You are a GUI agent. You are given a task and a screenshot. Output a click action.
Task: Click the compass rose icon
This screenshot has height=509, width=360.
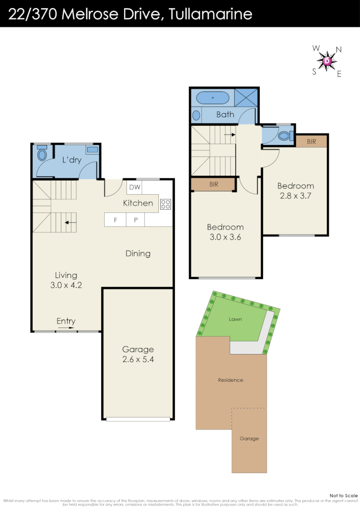pyautogui.click(x=327, y=61)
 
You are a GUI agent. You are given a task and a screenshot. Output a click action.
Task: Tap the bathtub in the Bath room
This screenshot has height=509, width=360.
pyautogui.click(x=213, y=98)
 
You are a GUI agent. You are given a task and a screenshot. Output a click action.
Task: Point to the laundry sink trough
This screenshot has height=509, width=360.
pyautogui.click(x=92, y=149)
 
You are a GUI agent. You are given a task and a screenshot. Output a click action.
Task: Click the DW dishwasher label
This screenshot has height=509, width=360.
pyautogui.click(x=134, y=187)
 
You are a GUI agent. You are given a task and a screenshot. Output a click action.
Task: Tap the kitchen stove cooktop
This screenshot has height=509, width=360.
pyautogui.click(x=165, y=204)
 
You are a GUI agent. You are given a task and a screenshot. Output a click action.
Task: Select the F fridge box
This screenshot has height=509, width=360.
pyautogui.click(x=115, y=220)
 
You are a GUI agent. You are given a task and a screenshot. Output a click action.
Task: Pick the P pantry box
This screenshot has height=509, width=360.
pyautogui.click(x=135, y=220)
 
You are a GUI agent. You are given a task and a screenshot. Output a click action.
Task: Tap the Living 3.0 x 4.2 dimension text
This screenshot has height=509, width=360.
pyautogui.click(x=66, y=285)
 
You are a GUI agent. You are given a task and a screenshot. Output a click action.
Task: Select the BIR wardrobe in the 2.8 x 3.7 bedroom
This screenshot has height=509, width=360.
pyautogui.click(x=311, y=141)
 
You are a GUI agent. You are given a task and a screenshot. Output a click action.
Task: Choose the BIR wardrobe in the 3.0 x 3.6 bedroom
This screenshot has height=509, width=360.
pyautogui.click(x=214, y=184)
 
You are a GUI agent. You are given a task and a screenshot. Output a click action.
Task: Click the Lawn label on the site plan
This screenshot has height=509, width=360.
pyautogui.click(x=236, y=319)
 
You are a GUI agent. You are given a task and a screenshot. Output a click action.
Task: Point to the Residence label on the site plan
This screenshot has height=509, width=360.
pyautogui.click(x=230, y=380)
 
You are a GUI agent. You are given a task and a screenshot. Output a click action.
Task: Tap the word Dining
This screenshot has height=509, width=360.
pyautogui.click(x=138, y=254)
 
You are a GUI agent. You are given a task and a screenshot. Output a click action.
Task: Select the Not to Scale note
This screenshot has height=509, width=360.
pyautogui.click(x=344, y=495)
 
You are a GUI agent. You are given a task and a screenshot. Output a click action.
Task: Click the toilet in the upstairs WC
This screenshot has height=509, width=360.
pyautogui.click(x=283, y=136)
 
